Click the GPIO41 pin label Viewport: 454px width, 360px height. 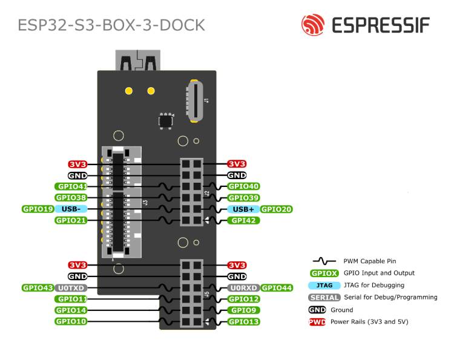click(x=71, y=186)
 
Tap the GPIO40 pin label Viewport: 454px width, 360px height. click(x=244, y=186)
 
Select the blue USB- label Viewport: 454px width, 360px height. click(x=71, y=209)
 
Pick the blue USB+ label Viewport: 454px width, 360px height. click(x=244, y=209)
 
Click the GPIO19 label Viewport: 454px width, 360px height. click(x=38, y=209)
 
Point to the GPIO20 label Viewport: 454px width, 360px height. click(x=277, y=209)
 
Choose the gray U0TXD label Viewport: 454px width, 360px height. click(x=71, y=288)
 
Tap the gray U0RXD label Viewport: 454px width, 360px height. click(x=244, y=288)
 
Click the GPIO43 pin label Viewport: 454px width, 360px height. click(x=38, y=288)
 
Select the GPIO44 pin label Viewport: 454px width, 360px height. click(x=277, y=288)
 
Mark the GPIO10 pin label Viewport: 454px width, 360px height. click(x=71, y=321)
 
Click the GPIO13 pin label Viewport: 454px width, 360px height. click(x=244, y=321)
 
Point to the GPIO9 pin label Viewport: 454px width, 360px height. click(x=244, y=310)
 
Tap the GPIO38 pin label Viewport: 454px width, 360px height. click(x=71, y=198)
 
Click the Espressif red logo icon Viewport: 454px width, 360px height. click(x=313, y=25)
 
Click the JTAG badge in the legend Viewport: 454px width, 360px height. click(x=323, y=285)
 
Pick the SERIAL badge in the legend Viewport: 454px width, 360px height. click(x=323, y=297)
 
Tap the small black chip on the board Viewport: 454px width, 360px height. click(x=165, y=120)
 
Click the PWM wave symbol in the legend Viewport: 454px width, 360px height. click(x=324, y=261)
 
